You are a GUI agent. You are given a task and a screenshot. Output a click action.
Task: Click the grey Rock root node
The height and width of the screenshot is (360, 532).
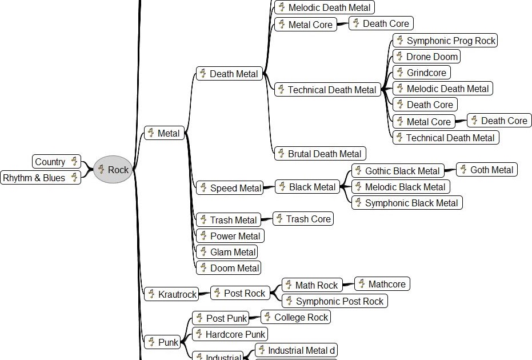113,170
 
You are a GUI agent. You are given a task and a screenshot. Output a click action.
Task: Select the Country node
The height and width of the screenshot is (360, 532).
57,162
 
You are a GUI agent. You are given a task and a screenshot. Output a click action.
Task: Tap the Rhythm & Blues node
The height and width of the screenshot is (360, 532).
40,178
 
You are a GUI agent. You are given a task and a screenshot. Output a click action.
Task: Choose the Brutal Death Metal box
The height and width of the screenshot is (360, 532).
320,154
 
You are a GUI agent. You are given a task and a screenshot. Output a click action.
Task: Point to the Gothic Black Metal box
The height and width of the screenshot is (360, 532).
397,171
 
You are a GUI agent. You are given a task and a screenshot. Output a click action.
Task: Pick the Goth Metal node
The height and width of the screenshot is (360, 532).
486,170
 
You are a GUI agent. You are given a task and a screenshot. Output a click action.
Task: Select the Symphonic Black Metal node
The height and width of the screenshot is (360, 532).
406,203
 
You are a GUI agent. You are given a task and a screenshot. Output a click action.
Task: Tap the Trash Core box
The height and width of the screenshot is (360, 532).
303,219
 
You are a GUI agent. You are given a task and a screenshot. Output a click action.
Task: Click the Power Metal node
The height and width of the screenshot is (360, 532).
230,236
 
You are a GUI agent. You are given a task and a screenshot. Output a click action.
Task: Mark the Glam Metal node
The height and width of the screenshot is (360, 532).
227,252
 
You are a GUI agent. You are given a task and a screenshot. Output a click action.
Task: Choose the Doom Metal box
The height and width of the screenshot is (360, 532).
229,268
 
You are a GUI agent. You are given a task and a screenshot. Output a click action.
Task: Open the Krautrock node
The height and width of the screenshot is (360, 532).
171,294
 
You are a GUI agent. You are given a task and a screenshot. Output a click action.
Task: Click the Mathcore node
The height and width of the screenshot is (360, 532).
382,284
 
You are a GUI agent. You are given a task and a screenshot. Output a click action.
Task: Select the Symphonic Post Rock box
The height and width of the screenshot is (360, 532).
334,301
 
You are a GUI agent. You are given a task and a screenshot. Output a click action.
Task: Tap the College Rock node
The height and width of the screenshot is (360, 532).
296,317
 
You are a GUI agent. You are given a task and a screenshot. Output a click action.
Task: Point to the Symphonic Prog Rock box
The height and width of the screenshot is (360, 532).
445,41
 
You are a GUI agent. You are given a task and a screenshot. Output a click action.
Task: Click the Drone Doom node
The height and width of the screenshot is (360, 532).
426,57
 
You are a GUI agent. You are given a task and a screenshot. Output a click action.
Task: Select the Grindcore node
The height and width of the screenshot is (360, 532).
422,73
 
